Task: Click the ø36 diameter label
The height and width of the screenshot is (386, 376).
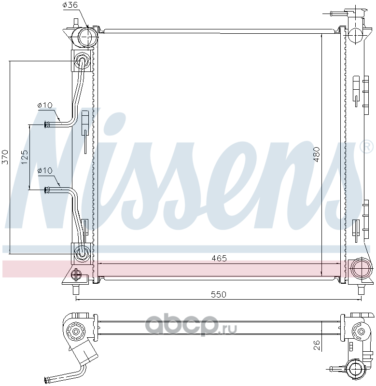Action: (x=70, y=5)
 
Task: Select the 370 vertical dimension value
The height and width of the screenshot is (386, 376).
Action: (x=5, y=157)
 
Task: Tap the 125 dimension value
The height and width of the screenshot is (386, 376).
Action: (x=25, y=157)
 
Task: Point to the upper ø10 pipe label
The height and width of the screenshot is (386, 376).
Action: (x=45, y=105)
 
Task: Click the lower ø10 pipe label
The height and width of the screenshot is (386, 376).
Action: (x=45, y=170)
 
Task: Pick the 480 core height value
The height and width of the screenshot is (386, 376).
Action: (x=317, y=154)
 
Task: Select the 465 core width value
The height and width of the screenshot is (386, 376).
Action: (x=219, y=258)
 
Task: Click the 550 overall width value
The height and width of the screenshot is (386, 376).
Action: (x=219, y=294)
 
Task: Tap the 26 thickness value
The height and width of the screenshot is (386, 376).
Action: (x=317, y=345)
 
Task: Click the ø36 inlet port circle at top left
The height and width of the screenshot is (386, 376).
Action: (x=87, y=37)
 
